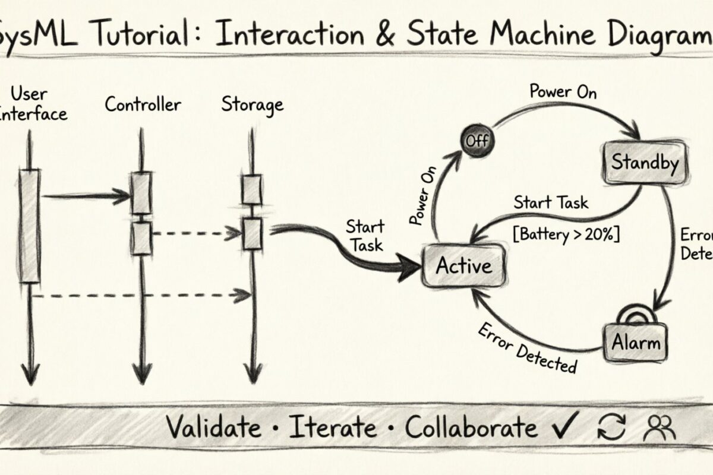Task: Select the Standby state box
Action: [645, 163]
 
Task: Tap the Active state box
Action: [463, 265]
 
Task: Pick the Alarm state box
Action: [636, 342]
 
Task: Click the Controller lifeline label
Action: [143, 105]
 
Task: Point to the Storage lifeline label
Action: [252, 105]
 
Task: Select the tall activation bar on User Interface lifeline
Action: [30, 226]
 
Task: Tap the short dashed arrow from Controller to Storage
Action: [196, 234]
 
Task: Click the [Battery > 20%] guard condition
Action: [566, 234]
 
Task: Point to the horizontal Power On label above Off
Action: [563, 92]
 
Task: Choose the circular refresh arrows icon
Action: [611, 427]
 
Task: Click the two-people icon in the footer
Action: [661, 427]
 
